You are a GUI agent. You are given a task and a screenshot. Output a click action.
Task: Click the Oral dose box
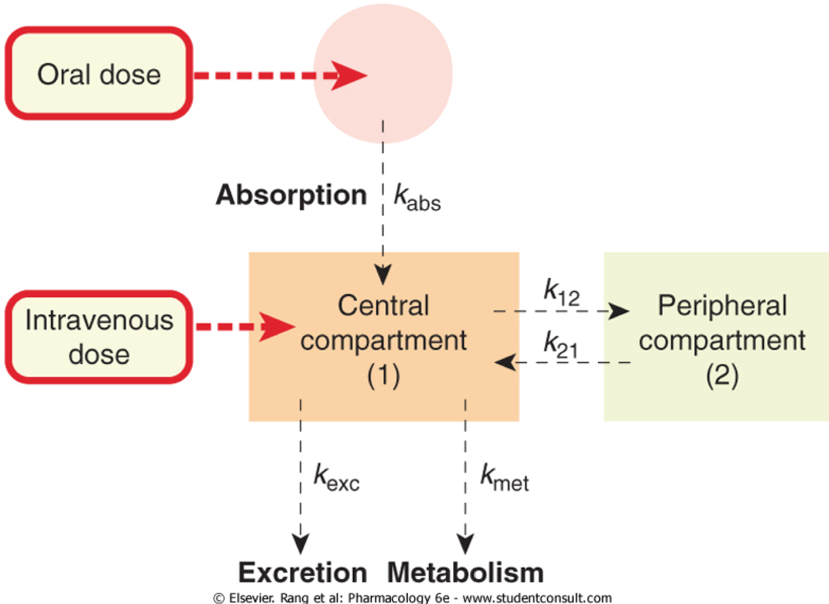pyautogui.click(x=99, y=73)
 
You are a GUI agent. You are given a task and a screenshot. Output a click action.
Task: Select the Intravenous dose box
pyautogui.click(x=99, y=337)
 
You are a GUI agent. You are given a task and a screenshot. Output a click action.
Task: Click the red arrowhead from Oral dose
pyautogui.click(x=349, y=76)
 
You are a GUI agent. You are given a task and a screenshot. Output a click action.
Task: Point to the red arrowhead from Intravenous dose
pyautogui.click(x=277, y=327)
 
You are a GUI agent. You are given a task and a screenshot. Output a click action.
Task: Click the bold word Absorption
pyautogui.click(x=291, y=195)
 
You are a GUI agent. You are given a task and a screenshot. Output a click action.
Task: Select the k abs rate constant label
pyautogui.click(x=417, y=197)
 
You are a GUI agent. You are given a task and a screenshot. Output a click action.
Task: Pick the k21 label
pyautogui.click(x=560, y=345)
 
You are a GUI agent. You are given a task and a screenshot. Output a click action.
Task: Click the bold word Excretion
pyautogui.click(x=303, y=572)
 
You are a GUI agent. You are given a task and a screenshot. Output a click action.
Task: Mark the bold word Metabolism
pyautogui.click(x=465, y=572)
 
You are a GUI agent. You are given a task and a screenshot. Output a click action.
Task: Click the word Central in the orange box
pyautogui.click(x=383, y=305)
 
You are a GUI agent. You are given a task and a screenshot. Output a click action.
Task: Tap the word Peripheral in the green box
pyautogui.click(x=722, y=305)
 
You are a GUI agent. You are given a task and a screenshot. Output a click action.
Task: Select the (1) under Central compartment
pyautogui.click(x=383, y=376)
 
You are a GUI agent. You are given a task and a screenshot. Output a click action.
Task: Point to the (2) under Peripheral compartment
pyautogui.click(x=722, y=376)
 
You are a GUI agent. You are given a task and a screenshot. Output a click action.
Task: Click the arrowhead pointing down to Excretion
pyautogui.click(x=301, y=543)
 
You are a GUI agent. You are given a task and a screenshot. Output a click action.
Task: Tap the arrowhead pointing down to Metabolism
pyautogui.click(x=465, y=543)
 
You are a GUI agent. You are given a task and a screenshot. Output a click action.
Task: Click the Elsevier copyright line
pyautogui.click(x=412, y=598)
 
